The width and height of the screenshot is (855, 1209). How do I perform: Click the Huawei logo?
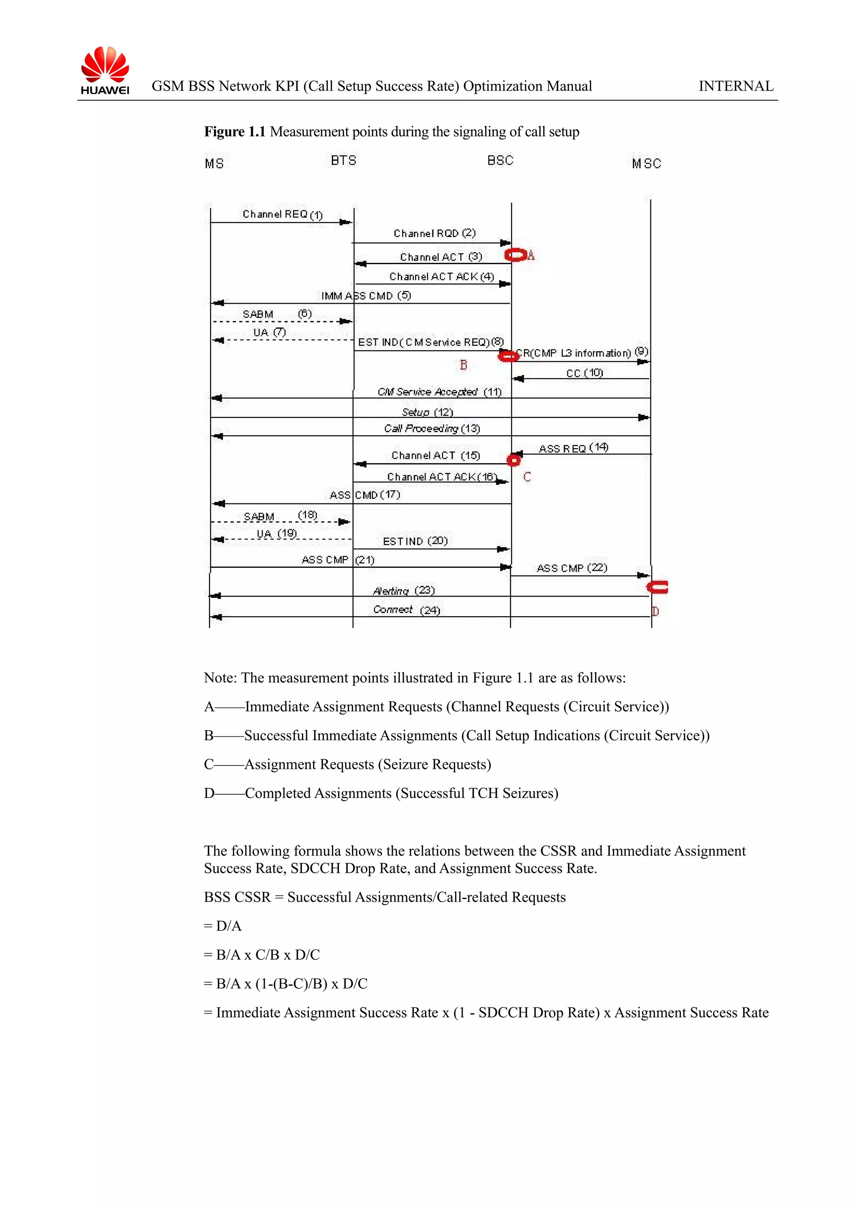105,71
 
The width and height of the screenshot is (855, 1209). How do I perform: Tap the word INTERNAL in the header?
736,86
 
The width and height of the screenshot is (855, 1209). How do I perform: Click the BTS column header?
344,161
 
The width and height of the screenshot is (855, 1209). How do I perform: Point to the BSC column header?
500,161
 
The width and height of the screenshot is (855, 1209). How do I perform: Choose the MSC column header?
646,164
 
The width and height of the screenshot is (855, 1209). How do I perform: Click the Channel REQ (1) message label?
282,214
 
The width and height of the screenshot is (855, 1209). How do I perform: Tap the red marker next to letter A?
516,255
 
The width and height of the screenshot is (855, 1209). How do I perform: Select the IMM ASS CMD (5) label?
366,296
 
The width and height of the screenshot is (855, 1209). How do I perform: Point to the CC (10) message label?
584,373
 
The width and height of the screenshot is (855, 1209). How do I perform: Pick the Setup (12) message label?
427,412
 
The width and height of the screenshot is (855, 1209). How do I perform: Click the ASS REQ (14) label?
573,448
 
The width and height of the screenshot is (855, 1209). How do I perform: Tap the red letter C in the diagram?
527,477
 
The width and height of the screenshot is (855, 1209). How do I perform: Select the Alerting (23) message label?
404,591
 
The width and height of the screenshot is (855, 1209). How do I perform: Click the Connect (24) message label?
406,610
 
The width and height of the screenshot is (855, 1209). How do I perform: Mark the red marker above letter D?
658,587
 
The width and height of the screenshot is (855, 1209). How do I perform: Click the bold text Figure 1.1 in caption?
235,132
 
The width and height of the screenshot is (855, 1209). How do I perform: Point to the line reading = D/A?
223,926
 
